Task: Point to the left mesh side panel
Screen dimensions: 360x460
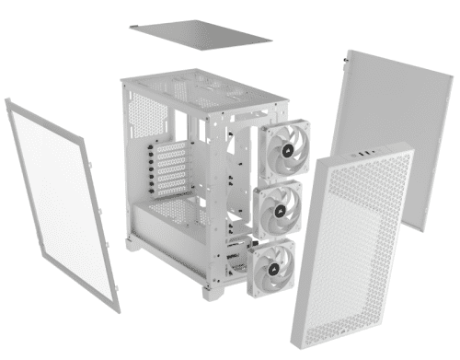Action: pos(59,203)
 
